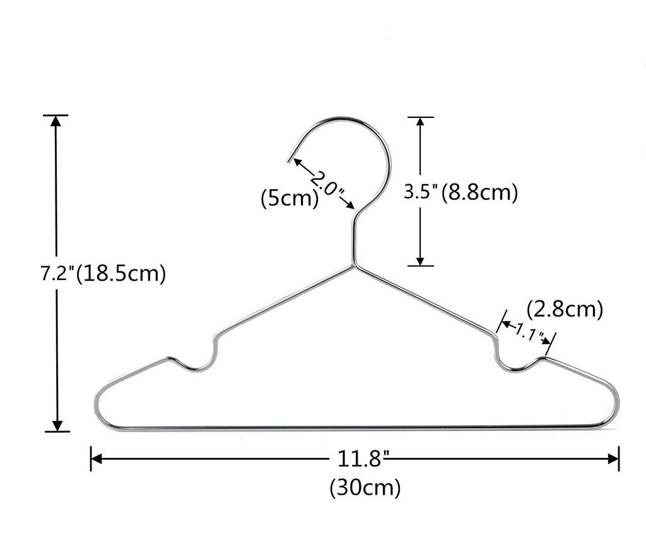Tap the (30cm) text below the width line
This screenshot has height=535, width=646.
365,488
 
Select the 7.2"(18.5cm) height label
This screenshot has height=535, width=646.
103,273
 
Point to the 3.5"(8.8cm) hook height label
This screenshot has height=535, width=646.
461,192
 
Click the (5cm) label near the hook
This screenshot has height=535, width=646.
290,198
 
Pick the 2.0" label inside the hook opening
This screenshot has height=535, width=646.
327,184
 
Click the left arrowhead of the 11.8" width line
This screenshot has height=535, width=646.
96,458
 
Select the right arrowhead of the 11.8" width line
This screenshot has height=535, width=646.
613,458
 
